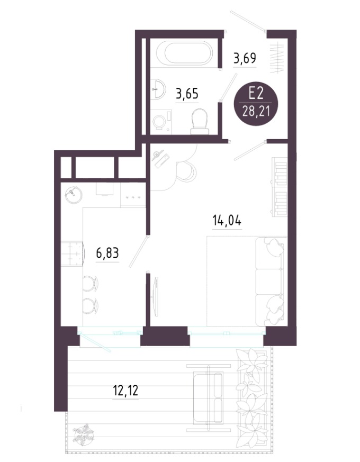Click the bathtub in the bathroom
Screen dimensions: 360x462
coord(184,53)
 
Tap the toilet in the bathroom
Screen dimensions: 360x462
coord(200,121)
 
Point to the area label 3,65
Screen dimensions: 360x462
coord(187,94)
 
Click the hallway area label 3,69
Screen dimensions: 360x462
coord(245,58)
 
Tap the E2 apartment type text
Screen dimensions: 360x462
coord(256,94)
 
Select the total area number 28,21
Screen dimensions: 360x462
coord(256,112)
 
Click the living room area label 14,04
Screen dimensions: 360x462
coord(227,220)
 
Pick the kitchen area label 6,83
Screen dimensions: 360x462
coord(107,253)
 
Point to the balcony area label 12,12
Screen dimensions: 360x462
coord(125,391)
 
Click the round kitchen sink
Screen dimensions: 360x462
coord(74,195)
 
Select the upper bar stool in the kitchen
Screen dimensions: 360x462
coord(90,284)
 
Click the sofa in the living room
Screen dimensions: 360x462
coord(271,282)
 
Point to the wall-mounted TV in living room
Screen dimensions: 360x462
coord(156,296)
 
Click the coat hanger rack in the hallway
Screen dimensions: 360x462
coord(277,58)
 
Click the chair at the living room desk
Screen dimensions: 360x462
coord(186,172)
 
